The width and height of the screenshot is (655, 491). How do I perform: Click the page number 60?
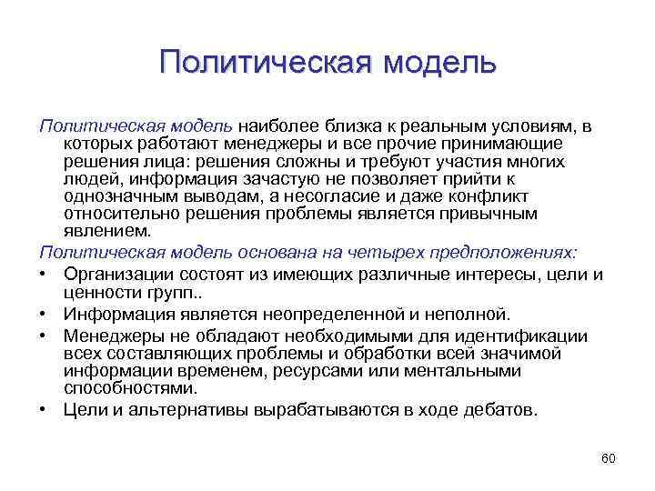(609, 458)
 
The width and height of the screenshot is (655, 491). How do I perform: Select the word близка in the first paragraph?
(356, 126)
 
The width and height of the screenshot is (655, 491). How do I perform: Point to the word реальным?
(438, 126)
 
